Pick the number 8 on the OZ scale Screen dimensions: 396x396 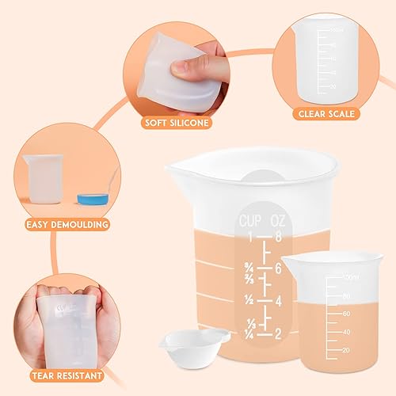pyautogui.click(x=279, y=237)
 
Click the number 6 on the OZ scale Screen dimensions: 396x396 pyautogui.click(x=279, y=268)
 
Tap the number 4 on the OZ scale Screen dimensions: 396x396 pyautogui.click(x=279, y=301)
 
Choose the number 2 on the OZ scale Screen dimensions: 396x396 pyautogui.click(x=279, y=333)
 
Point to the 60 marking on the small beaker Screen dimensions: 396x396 pyautogui.click(x=346, y=314)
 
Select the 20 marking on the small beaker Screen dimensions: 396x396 pyautogui.click(x=346, y=349)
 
